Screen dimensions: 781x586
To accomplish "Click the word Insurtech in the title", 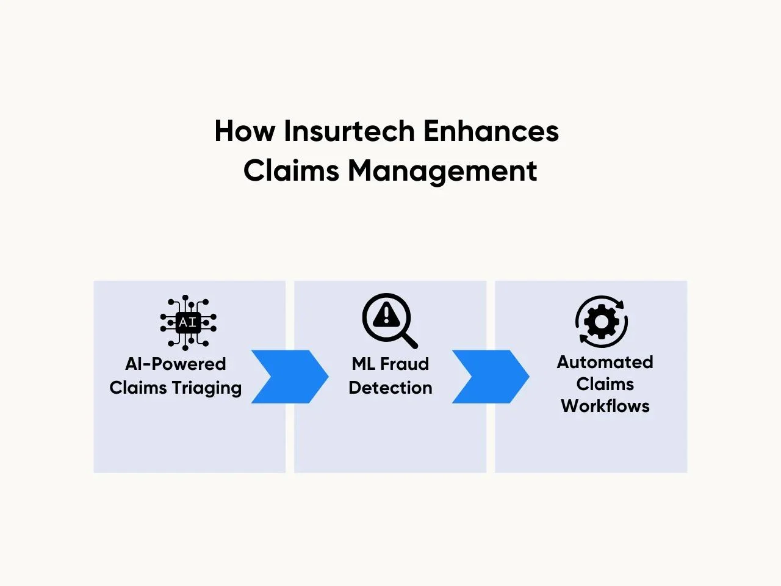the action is (350, 131).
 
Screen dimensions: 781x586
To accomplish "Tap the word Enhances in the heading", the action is (491, 131).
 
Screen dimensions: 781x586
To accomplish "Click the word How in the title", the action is (245, 131).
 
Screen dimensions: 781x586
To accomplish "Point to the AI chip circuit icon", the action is (188, 322).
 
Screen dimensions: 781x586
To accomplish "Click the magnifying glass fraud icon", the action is (390, 320).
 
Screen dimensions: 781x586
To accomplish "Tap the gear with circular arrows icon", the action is (602, 321).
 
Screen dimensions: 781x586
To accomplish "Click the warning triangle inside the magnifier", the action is (386, 314).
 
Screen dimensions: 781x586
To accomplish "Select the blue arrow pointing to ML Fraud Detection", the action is (290, 377).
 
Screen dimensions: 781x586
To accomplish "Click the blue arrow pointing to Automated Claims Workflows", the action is (491, 377).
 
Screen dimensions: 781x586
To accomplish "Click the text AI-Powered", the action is (175, 364).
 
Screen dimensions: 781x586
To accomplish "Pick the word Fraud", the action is (405, 364).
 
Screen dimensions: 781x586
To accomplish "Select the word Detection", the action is (390, 388).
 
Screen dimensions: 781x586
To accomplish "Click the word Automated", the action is (605, 362).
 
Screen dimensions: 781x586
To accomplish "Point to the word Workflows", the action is (605, 406).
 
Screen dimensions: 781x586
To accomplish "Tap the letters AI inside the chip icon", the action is (188, 322).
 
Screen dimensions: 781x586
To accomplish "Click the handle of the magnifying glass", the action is (409, 341).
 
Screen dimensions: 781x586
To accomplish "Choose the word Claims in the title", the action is (290, 171).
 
